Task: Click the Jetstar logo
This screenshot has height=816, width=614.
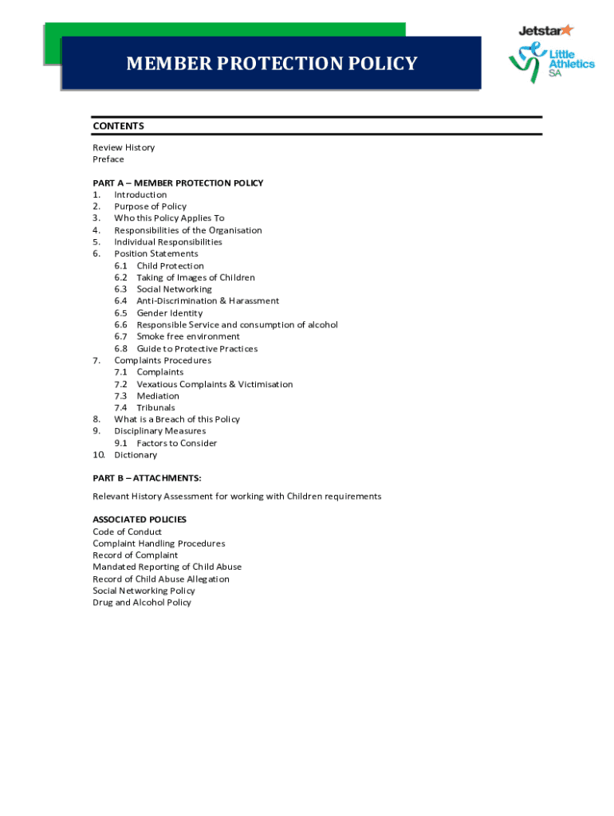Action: (545, 30)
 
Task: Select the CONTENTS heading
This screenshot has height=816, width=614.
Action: (118, 126)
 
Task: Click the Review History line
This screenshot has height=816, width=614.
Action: (124, 147)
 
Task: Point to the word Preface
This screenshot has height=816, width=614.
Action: (108, 159)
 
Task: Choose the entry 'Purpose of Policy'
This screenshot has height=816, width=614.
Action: (150, 206)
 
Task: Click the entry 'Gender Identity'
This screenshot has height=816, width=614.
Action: (169, 313)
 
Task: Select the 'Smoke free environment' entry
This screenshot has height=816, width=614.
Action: (187, 336)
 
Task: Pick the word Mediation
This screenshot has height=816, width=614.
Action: (158, 396)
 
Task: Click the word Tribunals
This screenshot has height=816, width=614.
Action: (155, 408)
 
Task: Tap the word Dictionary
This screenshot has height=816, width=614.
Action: (136, 455)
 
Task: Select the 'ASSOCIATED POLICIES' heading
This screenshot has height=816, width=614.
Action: (140, 520)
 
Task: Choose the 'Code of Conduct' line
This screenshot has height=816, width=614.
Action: (127, 532)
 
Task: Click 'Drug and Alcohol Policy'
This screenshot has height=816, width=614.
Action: (142, 602)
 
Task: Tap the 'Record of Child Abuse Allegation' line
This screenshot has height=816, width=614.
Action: (161, 579)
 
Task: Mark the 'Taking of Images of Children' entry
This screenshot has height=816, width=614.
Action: (195, 277)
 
